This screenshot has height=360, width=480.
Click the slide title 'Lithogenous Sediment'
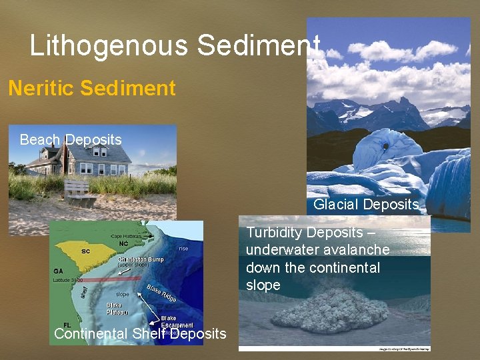pos(175,46)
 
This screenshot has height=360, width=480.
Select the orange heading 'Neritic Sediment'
pos(92,87)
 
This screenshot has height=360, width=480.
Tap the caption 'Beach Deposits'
pos(71,140)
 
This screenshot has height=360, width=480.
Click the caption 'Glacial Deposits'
pos(366,204)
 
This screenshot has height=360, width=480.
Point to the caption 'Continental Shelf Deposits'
pos(140,333)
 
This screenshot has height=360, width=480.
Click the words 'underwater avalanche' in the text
pos(318,250)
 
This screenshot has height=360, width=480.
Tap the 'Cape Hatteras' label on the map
pos(127,236)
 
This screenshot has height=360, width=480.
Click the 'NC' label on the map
pos(123,243)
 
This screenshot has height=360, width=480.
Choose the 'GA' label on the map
pos(59,272)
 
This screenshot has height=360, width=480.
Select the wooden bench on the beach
pos(77,190)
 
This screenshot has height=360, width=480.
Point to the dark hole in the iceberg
pos(385,146)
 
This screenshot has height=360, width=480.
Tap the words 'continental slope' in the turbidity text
pos(293,277)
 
